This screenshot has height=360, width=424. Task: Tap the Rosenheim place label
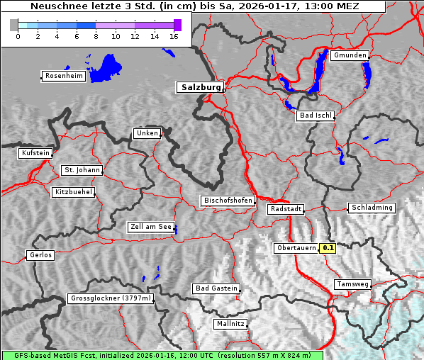(63, 76)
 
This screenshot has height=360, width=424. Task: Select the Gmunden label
(350, 55)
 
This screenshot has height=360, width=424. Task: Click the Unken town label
(146, 133)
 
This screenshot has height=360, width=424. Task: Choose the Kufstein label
(35, 153)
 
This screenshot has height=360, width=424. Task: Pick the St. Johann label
(82, 170)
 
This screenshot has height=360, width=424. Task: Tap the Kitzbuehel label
(73, 192)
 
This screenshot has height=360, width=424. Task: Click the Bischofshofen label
(228, 201)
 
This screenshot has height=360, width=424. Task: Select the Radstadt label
(286, 209)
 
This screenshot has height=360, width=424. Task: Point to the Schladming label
(371, 208)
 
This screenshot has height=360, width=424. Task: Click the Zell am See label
(150, 227)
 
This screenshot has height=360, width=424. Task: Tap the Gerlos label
(40, 255)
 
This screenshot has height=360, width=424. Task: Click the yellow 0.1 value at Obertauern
(328, 248)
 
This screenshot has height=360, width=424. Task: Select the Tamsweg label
(352, 284)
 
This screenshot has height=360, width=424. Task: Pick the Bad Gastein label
(216, 288)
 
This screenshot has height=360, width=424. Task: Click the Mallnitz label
(230, 324)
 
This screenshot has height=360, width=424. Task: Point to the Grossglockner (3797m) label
(111, 298)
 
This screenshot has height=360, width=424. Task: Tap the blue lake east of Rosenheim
(106, 67)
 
